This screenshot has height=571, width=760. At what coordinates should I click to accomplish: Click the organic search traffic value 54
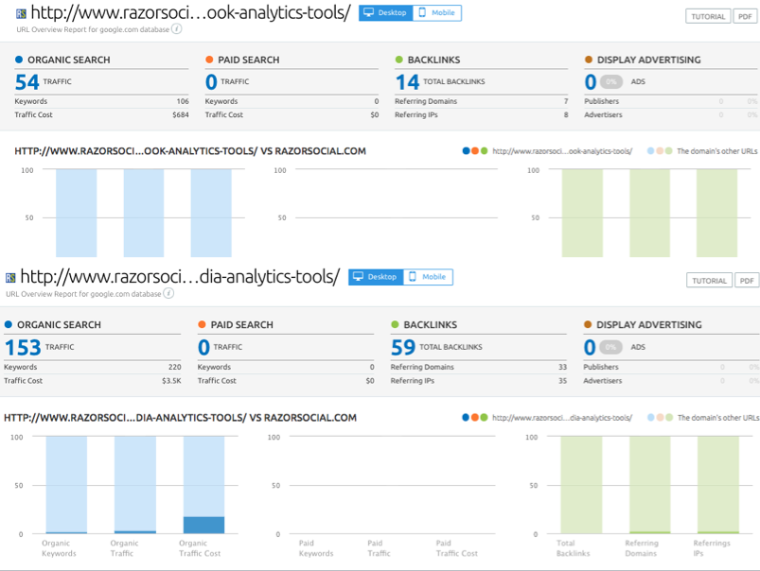point(27,82)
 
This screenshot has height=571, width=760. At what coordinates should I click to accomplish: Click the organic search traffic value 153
point(23,347)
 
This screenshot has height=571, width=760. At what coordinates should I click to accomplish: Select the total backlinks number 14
point(407,82)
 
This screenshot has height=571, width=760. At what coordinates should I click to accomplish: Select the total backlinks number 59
point(403,347)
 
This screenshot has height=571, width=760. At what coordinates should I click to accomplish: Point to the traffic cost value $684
point(180,114)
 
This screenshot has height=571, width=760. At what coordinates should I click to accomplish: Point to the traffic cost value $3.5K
point(170,380)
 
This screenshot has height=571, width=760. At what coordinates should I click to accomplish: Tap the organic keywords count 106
point(182,101)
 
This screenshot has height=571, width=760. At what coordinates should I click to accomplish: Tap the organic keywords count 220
point(174,367)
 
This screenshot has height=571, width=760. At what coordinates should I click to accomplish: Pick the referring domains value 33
point(562,367)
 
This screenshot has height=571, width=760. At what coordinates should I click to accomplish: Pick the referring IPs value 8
point(566,114)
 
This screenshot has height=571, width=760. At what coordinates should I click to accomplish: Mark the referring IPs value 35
point(562,380)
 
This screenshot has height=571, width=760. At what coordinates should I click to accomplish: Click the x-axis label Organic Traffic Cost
point(193,547)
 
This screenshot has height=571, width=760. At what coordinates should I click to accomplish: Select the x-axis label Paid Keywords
point(316,547)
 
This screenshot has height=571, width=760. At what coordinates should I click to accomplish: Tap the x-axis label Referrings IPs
point(712,547)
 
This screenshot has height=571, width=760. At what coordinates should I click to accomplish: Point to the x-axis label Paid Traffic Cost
point(456,547)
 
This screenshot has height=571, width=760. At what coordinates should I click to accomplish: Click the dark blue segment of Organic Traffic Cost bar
point(203,525)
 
